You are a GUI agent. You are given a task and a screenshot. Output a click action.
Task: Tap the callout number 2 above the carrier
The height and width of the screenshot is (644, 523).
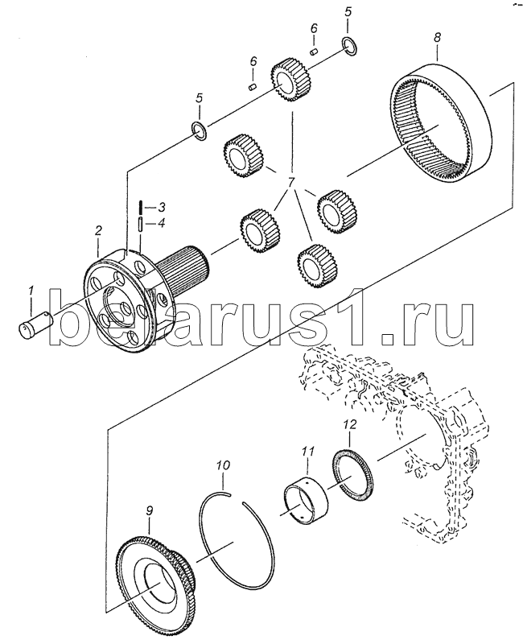coord(98,231)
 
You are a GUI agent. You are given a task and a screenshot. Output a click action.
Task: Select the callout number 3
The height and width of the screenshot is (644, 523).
coord(161,207)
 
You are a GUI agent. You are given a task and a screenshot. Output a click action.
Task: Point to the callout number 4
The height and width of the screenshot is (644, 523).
coord(161,223)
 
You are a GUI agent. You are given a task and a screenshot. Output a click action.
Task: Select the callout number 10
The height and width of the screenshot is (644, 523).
coord(224,466)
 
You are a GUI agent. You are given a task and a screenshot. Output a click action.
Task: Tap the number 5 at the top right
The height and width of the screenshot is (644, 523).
coord(348,12)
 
